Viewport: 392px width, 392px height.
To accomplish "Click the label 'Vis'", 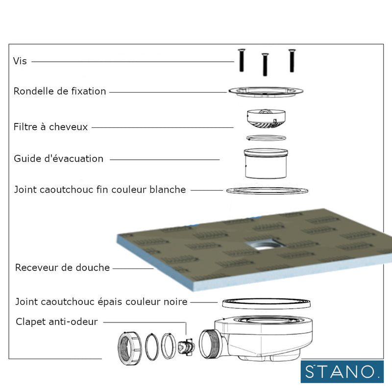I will click(20, 62).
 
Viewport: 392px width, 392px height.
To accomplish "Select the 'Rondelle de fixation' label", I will click(60, 91).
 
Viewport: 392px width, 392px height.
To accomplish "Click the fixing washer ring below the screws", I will click(266, 91).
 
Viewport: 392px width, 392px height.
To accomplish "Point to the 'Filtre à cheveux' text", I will click(51, 127).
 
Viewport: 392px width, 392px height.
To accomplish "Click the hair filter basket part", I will click(265, 119).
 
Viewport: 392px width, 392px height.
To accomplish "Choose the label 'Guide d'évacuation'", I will click(59, 159).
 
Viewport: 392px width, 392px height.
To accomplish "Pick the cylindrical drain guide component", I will click(266, 164).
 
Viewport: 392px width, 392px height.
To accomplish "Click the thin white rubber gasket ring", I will click(267, 190).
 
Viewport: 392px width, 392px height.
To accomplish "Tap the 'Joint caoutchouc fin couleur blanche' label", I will click(100, 190).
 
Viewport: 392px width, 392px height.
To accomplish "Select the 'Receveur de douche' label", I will click(63, 268).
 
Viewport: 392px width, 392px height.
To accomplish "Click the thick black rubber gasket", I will click(266, 303).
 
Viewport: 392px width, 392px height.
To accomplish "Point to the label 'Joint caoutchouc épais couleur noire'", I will click(101, 302).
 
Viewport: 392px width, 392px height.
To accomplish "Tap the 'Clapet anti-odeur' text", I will click(57, 322).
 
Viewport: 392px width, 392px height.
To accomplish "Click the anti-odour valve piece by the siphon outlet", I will click(187, 347).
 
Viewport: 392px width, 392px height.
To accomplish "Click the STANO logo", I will click(342, 371).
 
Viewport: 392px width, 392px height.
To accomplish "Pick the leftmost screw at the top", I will click(242, 61).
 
